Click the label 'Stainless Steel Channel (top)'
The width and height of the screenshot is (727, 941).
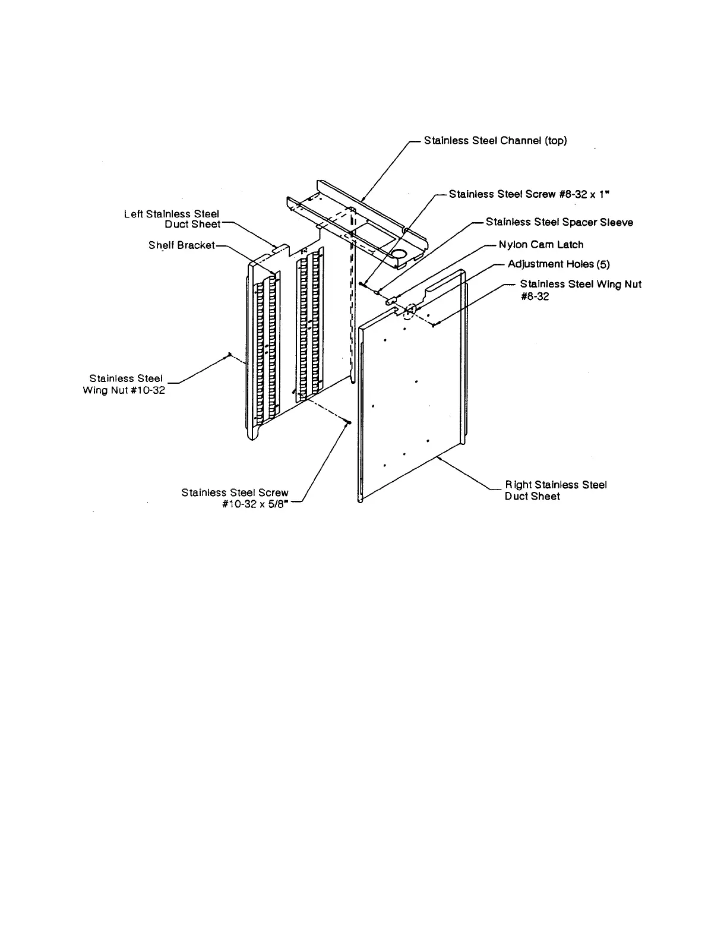pos(495,141)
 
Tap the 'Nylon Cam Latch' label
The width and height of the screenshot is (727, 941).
pos(540,245)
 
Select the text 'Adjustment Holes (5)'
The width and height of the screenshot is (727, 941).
pos(558,264)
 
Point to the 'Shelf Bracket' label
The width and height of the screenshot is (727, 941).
pos(181,245)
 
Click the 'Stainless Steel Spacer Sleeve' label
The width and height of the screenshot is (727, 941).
pos(559,222)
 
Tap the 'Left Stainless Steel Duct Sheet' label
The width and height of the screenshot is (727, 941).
pos(172,219)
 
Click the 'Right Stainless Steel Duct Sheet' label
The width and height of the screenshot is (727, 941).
pos(555,491)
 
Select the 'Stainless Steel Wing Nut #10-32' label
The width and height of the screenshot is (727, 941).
pos(125,384)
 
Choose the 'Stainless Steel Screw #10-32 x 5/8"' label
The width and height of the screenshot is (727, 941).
pos(235,498)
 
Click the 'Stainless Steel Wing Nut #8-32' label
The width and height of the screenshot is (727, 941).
pos(580,290)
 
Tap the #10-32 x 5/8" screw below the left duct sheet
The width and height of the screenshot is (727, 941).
pos(349,422)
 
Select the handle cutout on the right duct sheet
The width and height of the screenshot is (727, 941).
pos(445,284)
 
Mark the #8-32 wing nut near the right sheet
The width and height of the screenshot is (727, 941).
pos(434,324)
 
